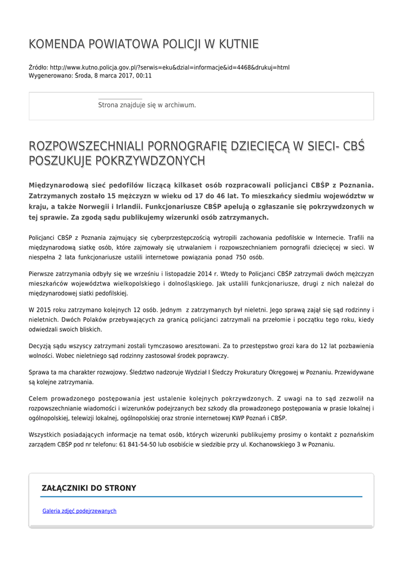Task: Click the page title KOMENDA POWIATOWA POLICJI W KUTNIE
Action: [x=143, y=44]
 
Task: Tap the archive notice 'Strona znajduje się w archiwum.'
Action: [x=147, y=105]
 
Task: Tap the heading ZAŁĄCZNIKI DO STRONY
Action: [x=89, y=488]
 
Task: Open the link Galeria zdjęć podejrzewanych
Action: [x=79, y=510]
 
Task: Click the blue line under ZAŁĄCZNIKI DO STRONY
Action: [x=201, y=497]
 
